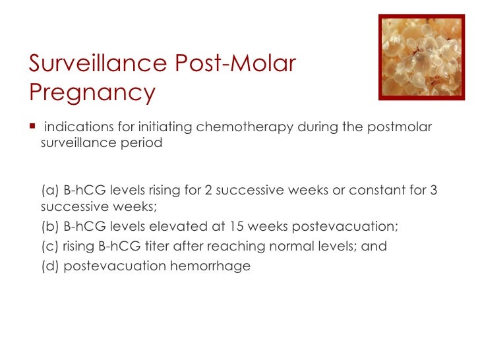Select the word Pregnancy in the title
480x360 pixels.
92,92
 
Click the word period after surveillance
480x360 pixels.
140,143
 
